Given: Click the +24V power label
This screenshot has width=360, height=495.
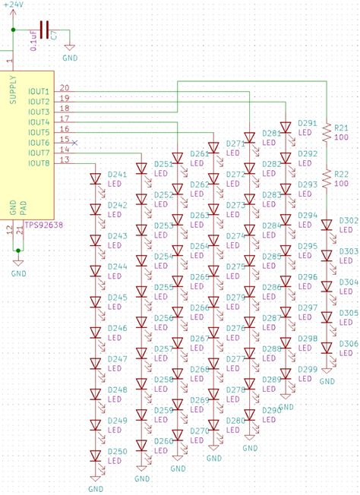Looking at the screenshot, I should pos(13,5).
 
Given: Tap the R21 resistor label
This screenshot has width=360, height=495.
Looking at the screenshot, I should pos(341,128).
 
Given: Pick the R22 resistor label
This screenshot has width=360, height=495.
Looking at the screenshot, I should pos(341,174).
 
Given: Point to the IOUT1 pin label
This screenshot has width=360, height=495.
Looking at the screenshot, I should pos(39,91).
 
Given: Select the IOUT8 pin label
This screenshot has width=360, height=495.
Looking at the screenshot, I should pos(39,162).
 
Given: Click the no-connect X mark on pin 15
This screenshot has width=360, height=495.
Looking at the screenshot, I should pos(74,141).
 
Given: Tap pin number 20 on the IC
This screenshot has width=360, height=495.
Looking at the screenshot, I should pos(64,88).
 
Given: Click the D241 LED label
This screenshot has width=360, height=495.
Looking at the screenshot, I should pos(117,174).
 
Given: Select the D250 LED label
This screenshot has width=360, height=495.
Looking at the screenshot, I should pos(117,451).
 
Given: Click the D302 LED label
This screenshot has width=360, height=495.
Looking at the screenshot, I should pos(348,220).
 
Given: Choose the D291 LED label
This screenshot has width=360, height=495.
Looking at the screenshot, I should pos(307,122).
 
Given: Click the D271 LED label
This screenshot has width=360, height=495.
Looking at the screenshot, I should pos(235,143).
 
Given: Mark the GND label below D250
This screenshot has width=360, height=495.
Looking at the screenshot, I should pos(96,489).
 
